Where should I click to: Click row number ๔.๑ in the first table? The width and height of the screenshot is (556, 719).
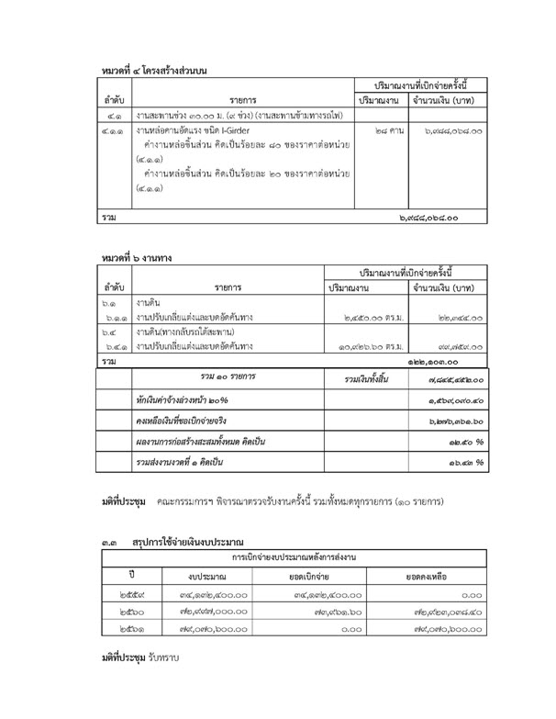(114, 115)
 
